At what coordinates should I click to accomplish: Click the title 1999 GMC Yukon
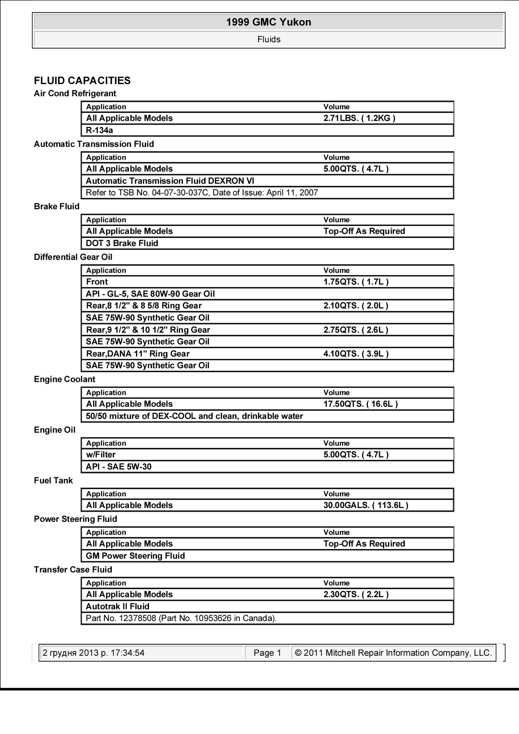coord(269,22)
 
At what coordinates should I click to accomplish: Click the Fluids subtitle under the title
coord(269,39)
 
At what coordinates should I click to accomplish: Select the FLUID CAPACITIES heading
coord(82,81)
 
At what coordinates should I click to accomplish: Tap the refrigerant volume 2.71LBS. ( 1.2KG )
coord(359,118)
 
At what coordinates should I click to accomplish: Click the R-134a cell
coord(99,130)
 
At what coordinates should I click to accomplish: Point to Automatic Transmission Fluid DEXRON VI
coord(170,181)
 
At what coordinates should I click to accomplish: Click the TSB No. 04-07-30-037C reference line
coord(202,192)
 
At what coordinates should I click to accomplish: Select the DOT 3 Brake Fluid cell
coord(122,243)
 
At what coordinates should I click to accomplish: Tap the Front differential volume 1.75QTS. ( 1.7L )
coord(356,282)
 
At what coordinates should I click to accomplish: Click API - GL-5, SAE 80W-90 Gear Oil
coord(150,294)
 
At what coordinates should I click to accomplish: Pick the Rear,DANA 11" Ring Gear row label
coord(138,354)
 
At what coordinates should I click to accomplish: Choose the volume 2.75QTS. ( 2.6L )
coord(356,330)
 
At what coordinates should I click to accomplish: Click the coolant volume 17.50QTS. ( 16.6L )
coord(360,404)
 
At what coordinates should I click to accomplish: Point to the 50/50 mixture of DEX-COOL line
coord(194,416)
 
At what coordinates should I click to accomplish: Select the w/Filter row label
coord(100,454)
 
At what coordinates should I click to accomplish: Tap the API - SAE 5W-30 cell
coord(118,467)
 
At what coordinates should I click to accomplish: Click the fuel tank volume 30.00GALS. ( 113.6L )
coord(366,505)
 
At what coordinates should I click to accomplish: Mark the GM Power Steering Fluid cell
coord(135,556)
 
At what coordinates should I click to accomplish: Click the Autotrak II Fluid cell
coord(117,606)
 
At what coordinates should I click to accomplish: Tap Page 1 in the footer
coord(267,653)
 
